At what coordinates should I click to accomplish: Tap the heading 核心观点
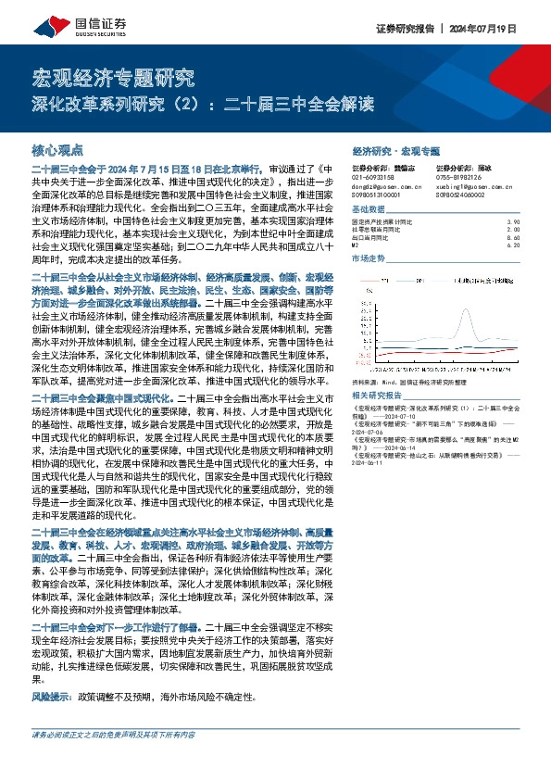click(57, 149)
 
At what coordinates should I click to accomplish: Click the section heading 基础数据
click(368, 210)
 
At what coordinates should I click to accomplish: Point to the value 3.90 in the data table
click(514, 222)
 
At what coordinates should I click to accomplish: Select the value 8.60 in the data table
click(514, 237)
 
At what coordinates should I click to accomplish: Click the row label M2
click(357, 245)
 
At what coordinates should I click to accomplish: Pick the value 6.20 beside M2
click(514, 245)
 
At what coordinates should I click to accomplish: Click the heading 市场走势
click(368, 259)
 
